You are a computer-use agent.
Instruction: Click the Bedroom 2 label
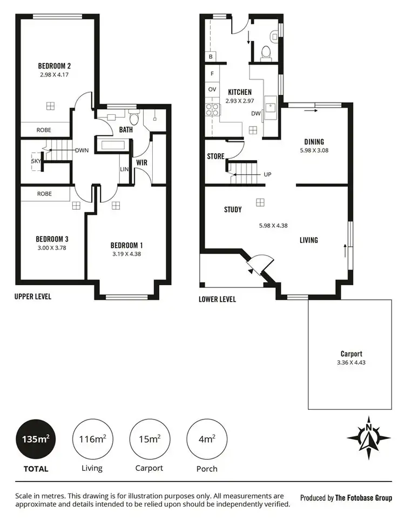pyautogui.click(x=55, y=66)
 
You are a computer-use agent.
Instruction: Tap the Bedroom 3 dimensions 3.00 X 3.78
pyautogui.click(x=51, y=248)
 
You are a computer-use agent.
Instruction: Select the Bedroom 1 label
pyautogui.click(x=127, y=245)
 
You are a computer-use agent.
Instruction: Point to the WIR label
pyautogui.click(x=142, y=162)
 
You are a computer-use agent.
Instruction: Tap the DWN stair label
pyautogui.click(x=82, y=150)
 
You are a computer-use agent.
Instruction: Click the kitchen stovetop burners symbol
pyautogui.click(x=212, y=110)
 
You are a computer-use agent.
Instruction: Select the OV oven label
pyautogui.click(x=212, y=90)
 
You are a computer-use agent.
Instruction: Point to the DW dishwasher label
pyautogui.click(x=255, y=113)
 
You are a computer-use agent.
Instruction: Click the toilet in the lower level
pyautogui.click(x=265, y=52)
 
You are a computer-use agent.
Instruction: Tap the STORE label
pyautogui.click(x=215, y=157)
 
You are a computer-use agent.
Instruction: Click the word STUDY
pyautogui.click(x=233, y=210)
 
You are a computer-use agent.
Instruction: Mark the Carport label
pyautogui.click(x=351, y=354)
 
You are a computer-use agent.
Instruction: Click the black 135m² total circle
pyautogui.click(x=35, y=439)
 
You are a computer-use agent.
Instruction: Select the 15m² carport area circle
pyautogui.click(x=149, y=439)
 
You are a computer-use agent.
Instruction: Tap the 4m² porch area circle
pyautogui.click(x=205, y=439)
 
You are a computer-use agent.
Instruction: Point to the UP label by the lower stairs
pyautogui.click(x=267, y=175)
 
